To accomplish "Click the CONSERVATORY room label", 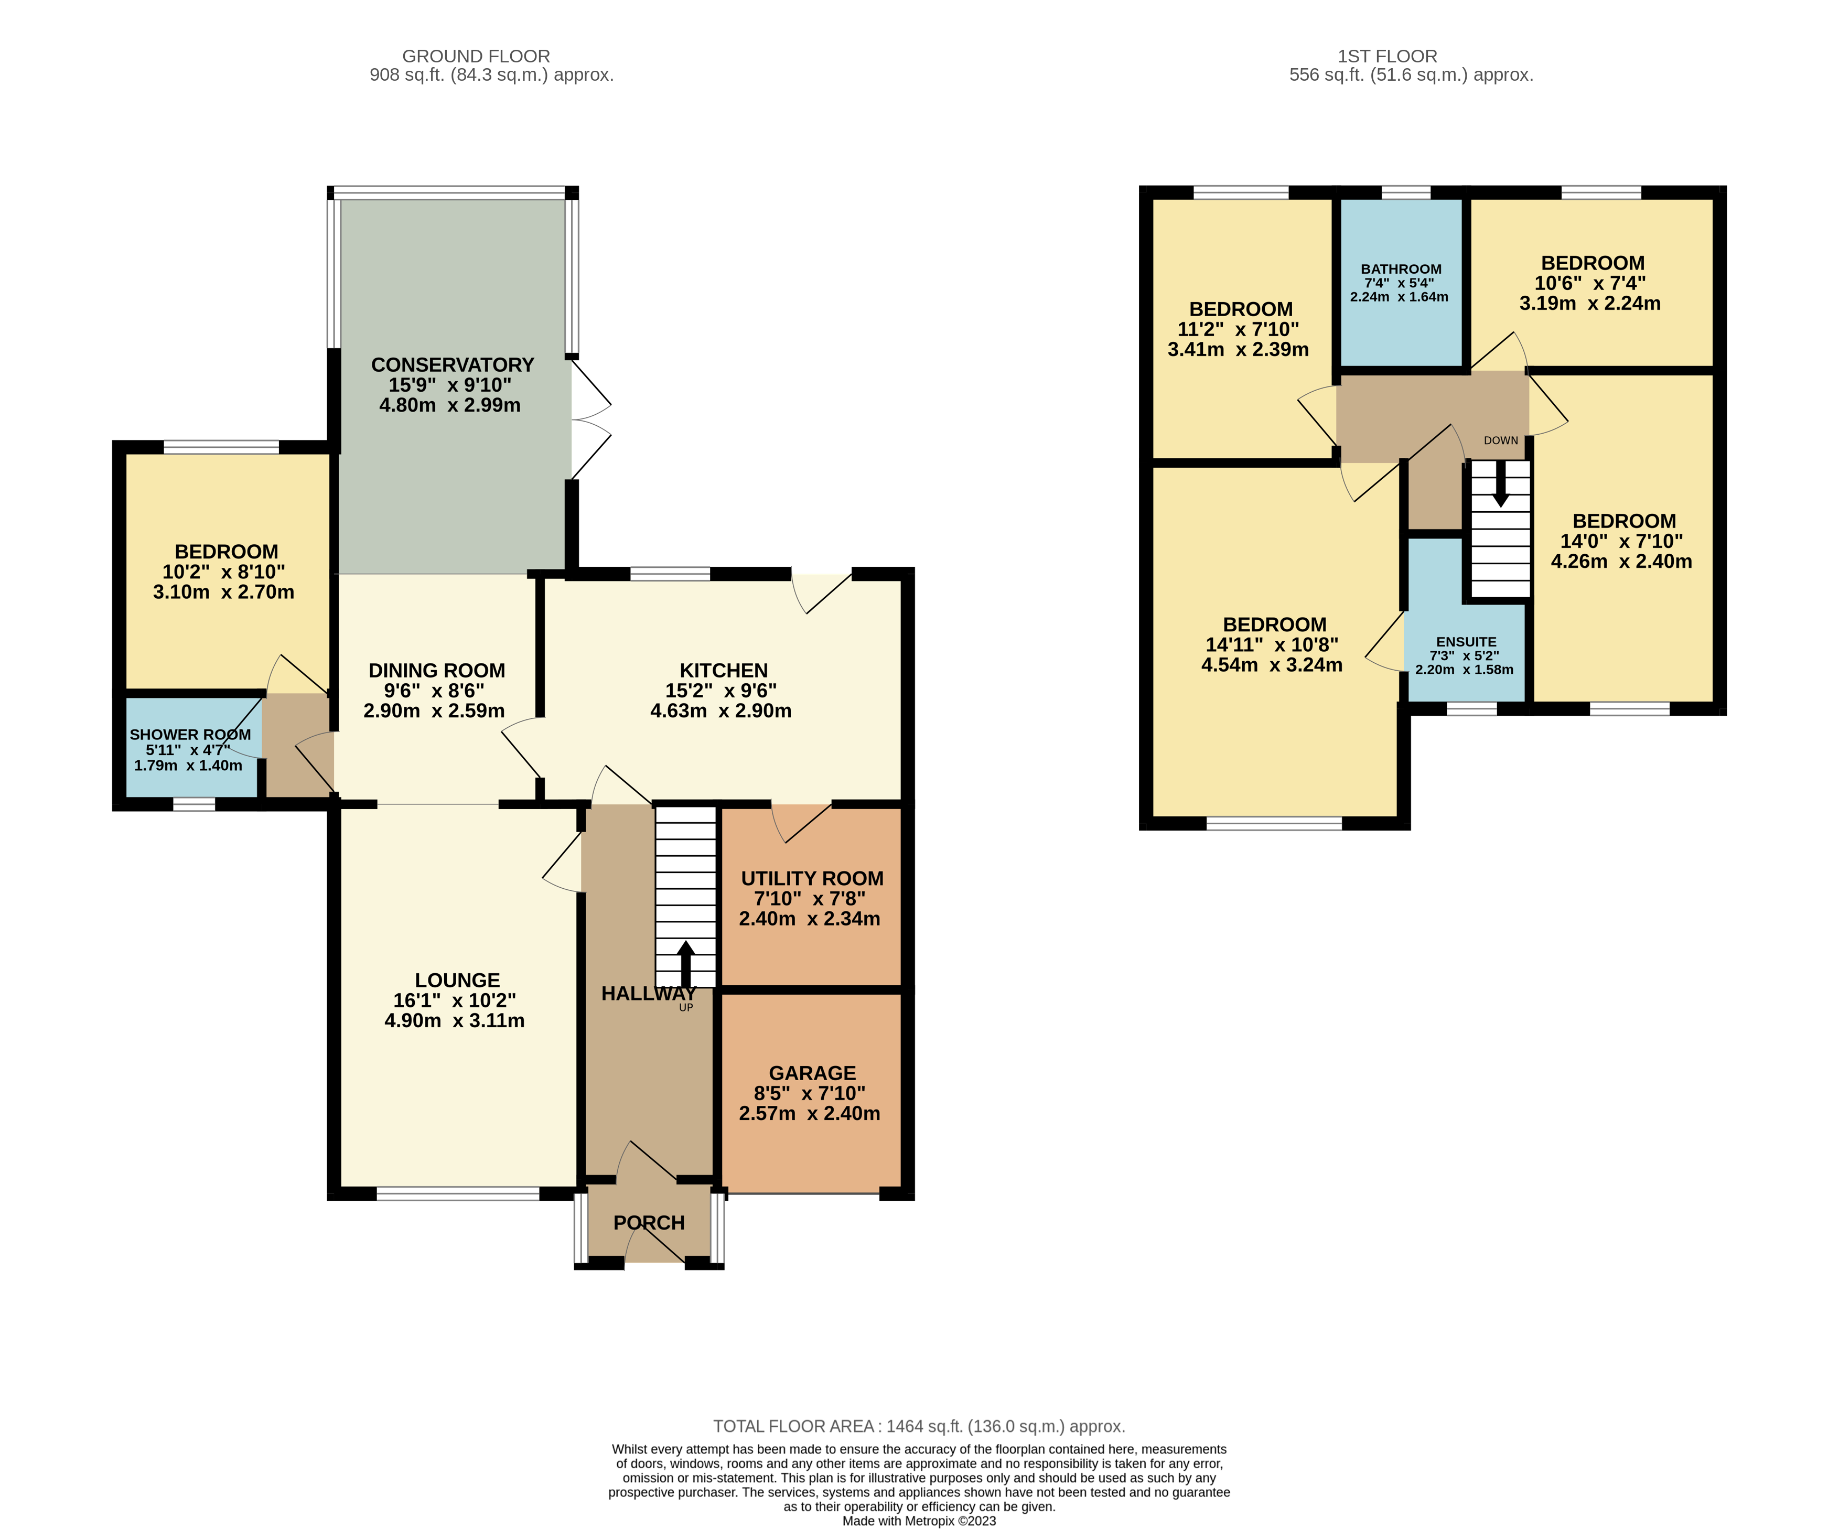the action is point(452,365).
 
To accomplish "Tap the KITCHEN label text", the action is point(723,671).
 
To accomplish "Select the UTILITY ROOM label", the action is point(812,878).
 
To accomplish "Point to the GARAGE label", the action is point(812,1073).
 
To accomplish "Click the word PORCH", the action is point(649,1222).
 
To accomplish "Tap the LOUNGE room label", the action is point(457,980).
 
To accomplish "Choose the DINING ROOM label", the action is point(436,671).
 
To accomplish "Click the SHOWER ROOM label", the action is point(190,735).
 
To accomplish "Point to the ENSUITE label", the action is point(1466,642).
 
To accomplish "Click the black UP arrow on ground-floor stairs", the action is point(686,965).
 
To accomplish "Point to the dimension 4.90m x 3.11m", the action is point(455,1020).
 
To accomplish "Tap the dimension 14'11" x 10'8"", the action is point(1272,644).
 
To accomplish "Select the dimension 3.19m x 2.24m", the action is point(1589,303).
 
